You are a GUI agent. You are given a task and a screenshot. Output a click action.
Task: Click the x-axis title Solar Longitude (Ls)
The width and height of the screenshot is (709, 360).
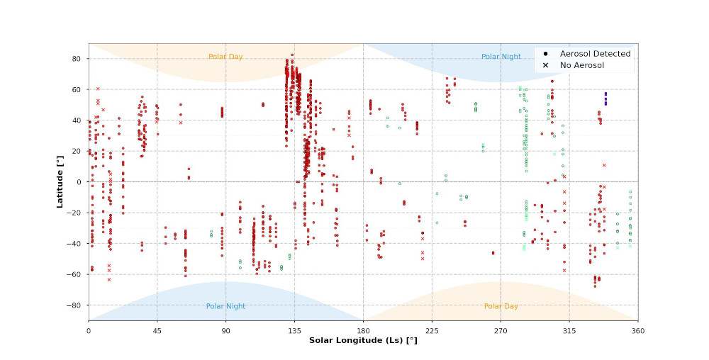click(363, 340)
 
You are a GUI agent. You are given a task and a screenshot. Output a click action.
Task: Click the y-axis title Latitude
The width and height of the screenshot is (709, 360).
click(61, 182)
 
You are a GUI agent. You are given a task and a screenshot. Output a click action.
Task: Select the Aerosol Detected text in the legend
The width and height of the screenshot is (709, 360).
click(595, 54)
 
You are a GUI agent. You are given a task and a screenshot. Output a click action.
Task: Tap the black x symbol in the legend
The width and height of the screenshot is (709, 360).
click(545, 65)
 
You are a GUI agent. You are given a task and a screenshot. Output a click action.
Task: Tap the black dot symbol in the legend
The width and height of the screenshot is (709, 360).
click(545, 54)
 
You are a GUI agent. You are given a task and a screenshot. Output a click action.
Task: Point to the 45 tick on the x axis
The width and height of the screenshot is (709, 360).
click(157, 330)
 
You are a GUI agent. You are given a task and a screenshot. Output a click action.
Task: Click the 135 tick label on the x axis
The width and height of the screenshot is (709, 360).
click(294, 330)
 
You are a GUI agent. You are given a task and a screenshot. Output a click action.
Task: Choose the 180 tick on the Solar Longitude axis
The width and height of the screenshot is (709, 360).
click(363, 330)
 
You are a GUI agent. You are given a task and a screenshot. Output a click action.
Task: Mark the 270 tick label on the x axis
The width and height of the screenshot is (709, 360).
click(501, 330)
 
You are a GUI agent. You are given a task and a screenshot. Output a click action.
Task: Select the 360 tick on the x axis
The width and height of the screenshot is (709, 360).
click(637, 330)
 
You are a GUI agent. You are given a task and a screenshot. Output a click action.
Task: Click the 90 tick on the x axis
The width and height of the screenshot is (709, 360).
click(225, 330)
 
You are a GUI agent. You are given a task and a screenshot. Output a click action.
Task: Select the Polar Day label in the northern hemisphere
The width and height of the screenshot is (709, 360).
click(225, 57)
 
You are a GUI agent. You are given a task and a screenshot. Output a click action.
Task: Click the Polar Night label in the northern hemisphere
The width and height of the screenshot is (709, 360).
click(501, 57)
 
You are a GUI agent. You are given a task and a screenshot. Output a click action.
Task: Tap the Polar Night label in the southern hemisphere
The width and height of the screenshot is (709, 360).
click(225, 306)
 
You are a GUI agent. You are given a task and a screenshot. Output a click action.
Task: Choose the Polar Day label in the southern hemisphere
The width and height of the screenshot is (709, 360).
click(501, 306)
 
